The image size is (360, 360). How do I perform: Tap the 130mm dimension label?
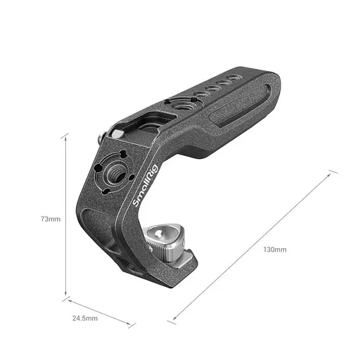275,250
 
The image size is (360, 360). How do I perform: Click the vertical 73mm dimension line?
67,218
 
